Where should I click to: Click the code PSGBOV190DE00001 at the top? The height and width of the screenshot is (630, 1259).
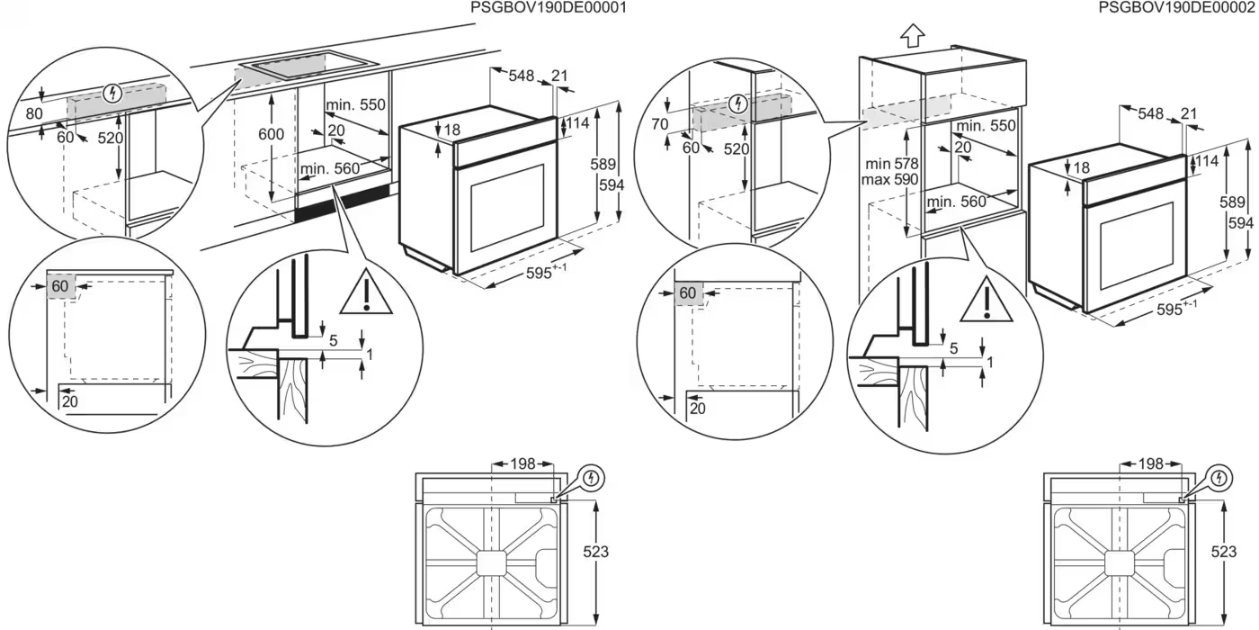[548, 7]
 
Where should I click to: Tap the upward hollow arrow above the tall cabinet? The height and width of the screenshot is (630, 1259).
[912, 35]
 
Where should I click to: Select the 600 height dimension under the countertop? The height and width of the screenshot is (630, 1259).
[271, 134]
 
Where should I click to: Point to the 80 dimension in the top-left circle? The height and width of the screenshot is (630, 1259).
[34, 113]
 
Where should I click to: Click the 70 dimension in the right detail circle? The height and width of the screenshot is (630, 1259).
[660, 124]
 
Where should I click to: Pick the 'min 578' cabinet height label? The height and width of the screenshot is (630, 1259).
[891, 164]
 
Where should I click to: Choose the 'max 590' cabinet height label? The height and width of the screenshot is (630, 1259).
[889, 179]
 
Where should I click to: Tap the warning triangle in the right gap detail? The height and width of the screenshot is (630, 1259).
[987, 300]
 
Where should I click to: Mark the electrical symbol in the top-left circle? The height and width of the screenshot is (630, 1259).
[113, 93]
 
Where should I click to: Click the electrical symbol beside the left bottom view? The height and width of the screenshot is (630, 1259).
[592, 479]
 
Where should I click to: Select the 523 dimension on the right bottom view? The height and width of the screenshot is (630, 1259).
[1224, 552]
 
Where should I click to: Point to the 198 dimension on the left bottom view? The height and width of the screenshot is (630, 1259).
[522, 464]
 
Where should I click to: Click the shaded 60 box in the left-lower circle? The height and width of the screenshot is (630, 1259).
[61, 286]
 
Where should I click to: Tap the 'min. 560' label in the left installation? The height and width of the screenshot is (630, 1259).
[329, 169]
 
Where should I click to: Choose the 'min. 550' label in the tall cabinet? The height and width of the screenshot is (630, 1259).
[986, 125]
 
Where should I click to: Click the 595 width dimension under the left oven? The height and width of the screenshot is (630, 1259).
[546, 272]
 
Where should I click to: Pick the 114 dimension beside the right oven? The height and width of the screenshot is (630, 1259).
[1206, 161]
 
